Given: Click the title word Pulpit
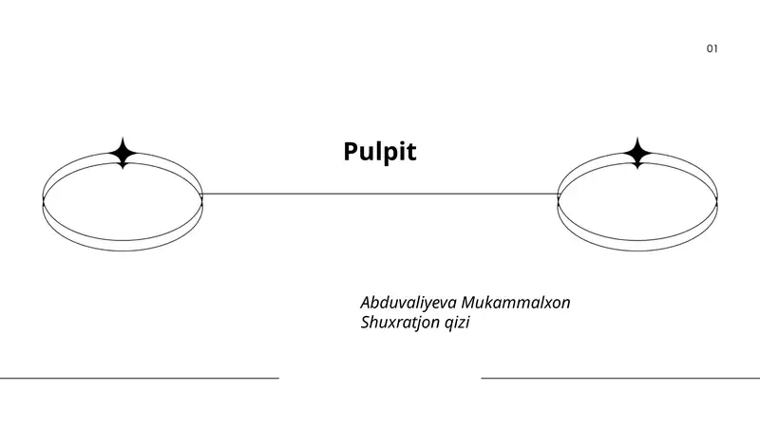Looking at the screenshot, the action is tap(379, 152).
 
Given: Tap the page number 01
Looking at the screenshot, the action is tap(712, 48).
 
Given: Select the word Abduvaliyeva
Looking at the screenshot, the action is tap(408, 303).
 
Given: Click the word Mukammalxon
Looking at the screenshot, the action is tap(516, 302).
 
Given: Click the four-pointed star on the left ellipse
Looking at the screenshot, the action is tap(123, 153).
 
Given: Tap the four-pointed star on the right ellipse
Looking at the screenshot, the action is tap(637, 153).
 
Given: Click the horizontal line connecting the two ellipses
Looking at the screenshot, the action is tap(380, 195).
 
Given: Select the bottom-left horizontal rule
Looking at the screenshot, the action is tap(140, 378).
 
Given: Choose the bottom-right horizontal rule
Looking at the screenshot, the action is tap(620, 378).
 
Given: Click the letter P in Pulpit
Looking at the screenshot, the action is tap(351, 152).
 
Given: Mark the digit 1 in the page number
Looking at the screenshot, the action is tap(715, 48).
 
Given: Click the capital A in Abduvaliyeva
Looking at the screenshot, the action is tap(367, 303).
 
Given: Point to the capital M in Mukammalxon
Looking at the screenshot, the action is tap(470, 303).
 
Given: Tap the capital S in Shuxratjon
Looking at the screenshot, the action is tap(366, 323).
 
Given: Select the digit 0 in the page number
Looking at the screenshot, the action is tap(710, 48).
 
